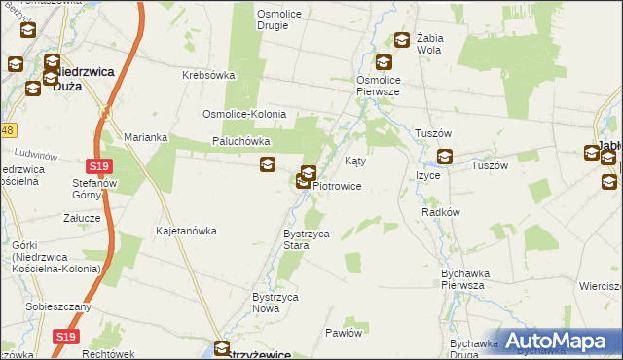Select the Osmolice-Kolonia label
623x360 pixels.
(244, 114)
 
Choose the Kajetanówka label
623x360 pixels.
(186, 232)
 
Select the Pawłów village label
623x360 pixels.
(344, 333)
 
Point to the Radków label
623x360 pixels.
(441, 211)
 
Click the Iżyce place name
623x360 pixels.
(428, 175)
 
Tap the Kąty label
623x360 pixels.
(356, 161)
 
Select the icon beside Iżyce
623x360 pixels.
(445, 156)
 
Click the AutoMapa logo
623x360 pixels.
(560, 340)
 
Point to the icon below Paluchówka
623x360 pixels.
(268, 164)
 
